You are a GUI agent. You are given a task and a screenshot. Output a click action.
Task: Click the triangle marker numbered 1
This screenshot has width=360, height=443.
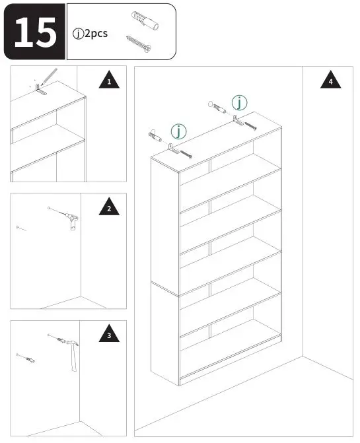click(x=109, y=83)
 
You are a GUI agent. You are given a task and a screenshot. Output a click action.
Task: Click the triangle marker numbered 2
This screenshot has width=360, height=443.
click(x=109, y=209)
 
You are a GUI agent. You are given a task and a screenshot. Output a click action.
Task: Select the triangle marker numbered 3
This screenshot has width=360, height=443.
click(x=109, y=336)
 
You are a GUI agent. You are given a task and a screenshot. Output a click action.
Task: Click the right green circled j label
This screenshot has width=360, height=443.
click(x=239, y=102)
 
